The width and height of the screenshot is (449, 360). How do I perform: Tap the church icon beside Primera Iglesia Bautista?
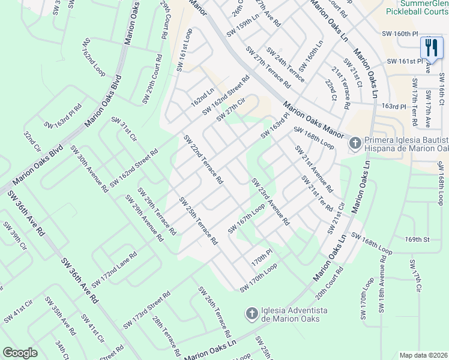click(355, 143)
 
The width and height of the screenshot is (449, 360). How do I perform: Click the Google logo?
click(20, 353)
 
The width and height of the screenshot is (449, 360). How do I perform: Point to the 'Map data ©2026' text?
click(423, 355)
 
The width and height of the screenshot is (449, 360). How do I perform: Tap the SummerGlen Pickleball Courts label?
click(416, 8)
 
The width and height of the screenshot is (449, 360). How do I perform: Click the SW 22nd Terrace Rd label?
click(203, 159)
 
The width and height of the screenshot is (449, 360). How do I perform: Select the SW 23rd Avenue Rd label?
click(270, 202)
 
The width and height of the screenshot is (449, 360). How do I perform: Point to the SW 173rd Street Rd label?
click(147, 311)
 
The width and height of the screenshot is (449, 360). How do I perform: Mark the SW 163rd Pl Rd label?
click(62, 118)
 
